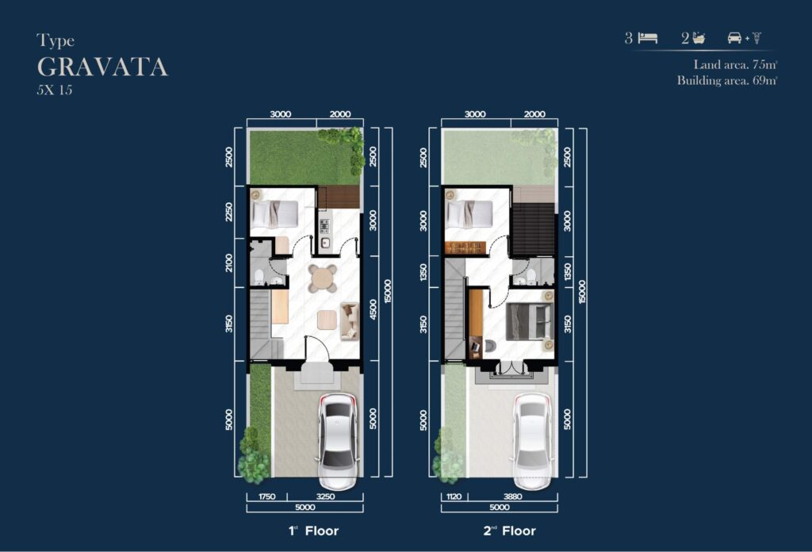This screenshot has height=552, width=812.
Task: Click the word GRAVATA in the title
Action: pos(102,67)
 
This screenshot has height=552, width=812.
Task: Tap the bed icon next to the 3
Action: pos(648,38)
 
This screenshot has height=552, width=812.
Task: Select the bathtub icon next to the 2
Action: pos(699,38)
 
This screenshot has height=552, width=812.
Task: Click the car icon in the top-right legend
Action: pos(734,38)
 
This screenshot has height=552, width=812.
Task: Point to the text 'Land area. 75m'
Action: pos(735,65)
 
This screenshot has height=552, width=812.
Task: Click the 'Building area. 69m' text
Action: pos(727,80)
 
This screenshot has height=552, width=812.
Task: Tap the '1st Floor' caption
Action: pos(313,531)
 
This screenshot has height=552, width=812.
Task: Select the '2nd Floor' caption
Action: pos(510,531)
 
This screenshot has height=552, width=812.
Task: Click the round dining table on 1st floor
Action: pos(323,278)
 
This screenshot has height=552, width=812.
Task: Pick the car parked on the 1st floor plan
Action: pos(338,441)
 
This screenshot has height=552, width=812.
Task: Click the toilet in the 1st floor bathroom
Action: pos(259,277)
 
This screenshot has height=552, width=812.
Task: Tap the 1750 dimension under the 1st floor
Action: pos(266,496)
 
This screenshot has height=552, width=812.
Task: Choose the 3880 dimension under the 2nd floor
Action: pos(513,496)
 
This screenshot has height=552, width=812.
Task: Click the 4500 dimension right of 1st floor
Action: pos(373,309)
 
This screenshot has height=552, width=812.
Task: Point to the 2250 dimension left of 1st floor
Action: pos(229,212)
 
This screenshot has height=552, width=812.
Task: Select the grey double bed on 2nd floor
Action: pos(529,321)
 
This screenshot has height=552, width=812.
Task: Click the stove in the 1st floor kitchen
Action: pos(324,226)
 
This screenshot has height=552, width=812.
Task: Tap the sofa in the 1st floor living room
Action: pos(350,321)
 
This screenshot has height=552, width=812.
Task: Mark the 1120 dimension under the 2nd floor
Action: pos(454,496)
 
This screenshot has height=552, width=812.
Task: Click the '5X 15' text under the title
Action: pos(55,90)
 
